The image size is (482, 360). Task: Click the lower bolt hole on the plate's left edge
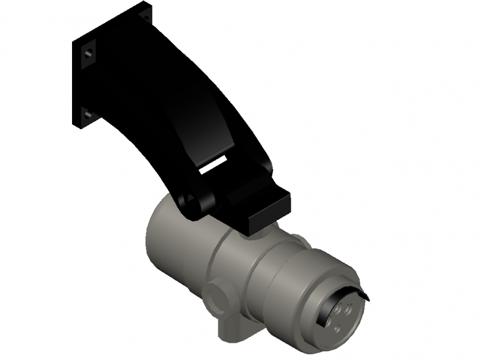88,115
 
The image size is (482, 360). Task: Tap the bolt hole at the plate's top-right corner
146,17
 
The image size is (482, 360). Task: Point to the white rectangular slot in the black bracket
213,163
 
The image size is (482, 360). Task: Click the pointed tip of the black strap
367,300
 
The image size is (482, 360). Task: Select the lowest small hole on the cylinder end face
336,328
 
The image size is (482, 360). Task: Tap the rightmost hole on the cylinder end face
348,310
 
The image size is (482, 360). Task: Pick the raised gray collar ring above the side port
222,260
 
